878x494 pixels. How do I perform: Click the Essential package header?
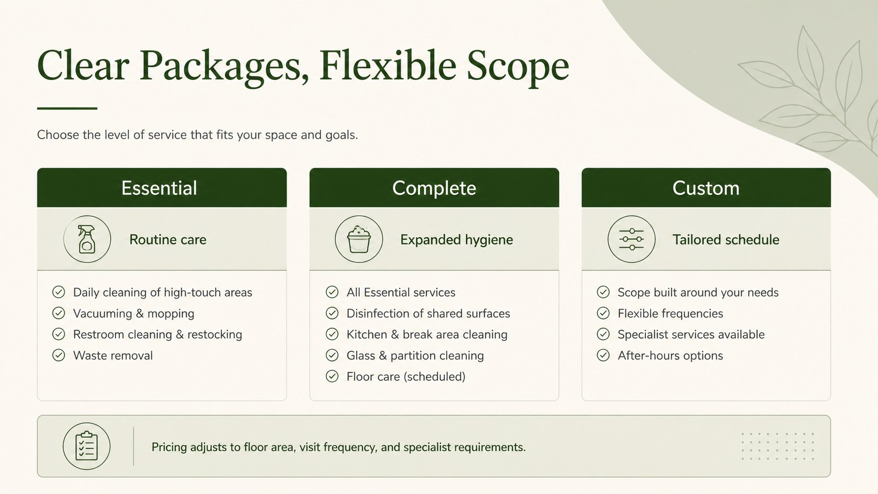(162, 187)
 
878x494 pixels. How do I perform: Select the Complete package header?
(434, 187)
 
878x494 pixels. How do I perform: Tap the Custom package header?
(706, 187)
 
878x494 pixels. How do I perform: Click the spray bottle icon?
(87, 239)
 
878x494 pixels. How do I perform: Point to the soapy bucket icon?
(359, 239)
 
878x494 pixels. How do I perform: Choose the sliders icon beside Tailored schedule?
(631, 239)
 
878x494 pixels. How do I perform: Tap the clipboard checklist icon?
(86, 446)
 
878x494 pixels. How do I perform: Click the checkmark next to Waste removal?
(58, 355)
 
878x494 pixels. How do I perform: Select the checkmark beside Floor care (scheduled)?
(332, 376)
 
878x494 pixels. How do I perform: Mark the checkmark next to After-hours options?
(603, 355)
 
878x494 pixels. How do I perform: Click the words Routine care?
(168, 239)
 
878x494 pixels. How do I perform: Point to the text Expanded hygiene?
(456, 240)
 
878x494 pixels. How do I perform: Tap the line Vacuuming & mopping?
(134, 313)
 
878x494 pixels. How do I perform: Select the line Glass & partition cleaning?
(415, 356)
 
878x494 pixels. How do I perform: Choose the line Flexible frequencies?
(670, 313)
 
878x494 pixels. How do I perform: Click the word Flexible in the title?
(388, 65)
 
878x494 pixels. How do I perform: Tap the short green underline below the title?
(67, 108)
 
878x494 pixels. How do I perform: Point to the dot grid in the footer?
(778, 446)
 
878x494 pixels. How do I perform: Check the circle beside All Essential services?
(332, 292)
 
